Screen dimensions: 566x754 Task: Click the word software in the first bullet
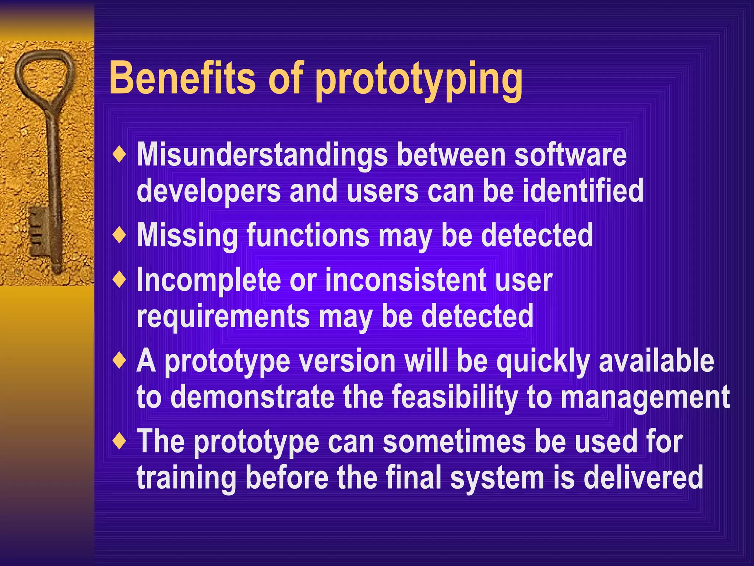click(x=570, y=155)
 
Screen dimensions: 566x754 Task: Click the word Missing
click(x=187, y=236)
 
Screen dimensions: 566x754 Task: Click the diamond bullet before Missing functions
click(x=120, y=235)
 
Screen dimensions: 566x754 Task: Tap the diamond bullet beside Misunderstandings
click(x=120, y=154)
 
